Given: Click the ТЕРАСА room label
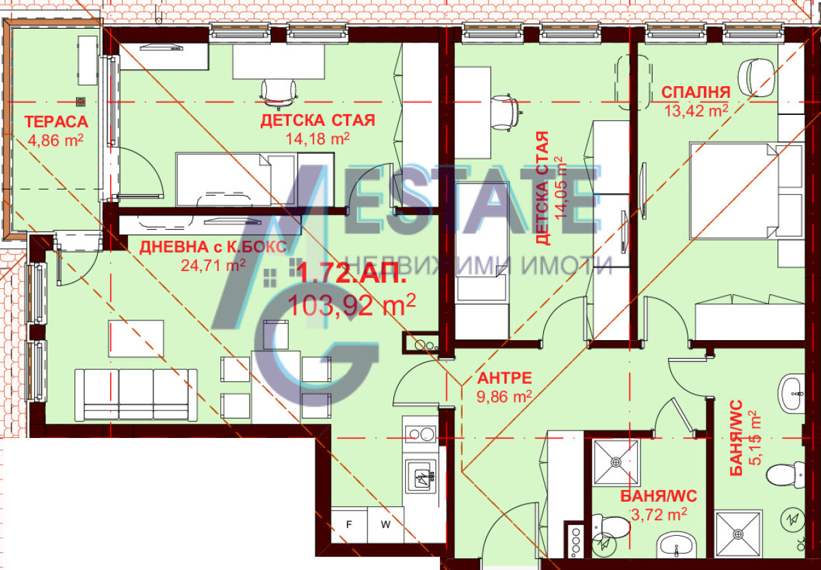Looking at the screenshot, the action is point(56,122).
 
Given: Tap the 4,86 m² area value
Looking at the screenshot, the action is point(55,140).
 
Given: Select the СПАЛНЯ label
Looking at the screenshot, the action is point(696,92).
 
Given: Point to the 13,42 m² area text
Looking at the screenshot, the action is point(696,111).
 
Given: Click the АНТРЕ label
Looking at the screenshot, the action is point(505,378).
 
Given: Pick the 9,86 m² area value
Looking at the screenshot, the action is point(504,396).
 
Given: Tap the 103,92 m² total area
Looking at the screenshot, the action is point(352,305).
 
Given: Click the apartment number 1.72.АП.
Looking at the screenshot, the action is point(351,273).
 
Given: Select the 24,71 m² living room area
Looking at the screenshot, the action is point(213,265).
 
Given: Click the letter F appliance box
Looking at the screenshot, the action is point(349,525).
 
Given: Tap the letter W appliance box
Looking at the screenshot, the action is point(386,525).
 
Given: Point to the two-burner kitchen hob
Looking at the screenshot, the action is point(420,435).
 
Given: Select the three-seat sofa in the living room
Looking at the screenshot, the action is point(136,395).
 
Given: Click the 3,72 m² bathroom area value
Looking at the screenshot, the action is point(659,515).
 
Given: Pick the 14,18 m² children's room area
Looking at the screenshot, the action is point(317,138).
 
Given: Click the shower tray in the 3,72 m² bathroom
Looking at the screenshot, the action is point(616,463).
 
